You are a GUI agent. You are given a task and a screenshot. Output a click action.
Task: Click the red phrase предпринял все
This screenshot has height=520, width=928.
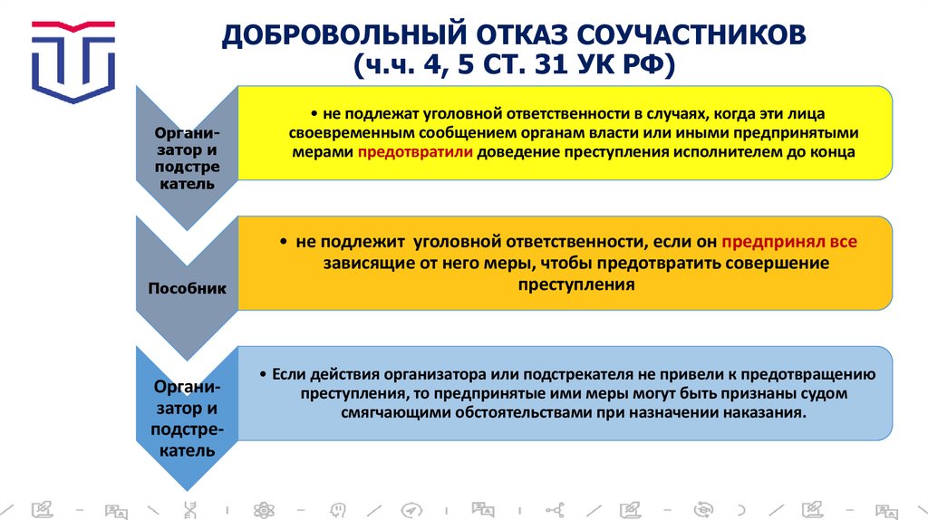pyautogui.click(x=788, y=242)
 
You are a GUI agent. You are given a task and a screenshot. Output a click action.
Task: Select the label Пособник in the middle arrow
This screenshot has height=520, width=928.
pyautogui.click(x=182, y=288)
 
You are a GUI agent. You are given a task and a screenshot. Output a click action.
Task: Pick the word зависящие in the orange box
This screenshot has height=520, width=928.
pyautogui.click(x=361, y=264)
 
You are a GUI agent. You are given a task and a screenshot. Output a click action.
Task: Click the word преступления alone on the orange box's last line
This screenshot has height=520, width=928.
pyautogui.click(x=575, y=284)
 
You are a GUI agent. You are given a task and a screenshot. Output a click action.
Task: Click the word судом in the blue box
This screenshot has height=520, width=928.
pyautogui.click(x=826, y=394)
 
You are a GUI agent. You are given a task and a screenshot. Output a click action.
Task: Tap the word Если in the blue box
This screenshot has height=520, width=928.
pyautogui.click(x=285, y=374)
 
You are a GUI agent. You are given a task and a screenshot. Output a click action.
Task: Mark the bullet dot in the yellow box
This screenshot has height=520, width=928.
pyautogui.click(x=311, y=114)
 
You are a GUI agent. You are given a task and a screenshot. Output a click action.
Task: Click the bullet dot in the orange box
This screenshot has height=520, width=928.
pyautogui.click(x=284, y=243)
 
